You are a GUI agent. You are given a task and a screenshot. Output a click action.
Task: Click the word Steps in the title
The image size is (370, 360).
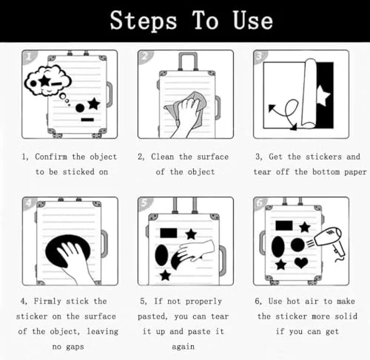click(x=144, y=21)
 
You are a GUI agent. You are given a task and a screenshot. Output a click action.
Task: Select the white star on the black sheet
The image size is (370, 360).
click(x=323, y=95)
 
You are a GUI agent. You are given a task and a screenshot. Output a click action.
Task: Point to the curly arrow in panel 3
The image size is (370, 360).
click(x=287, y=112)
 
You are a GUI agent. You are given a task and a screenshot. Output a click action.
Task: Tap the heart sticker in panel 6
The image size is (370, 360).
click(x=301, y=262)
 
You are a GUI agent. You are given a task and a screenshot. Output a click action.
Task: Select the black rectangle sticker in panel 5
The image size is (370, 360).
click(x=169, y=233)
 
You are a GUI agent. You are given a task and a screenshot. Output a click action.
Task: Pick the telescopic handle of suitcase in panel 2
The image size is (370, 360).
click(x=188, y=61)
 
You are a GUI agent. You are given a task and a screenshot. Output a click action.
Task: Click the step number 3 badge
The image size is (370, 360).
click(x=260, y=57)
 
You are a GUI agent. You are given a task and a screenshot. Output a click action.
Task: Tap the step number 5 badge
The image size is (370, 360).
click(x=144, y=203)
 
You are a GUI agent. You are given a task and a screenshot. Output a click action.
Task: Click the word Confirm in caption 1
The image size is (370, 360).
click(x=51, y=157)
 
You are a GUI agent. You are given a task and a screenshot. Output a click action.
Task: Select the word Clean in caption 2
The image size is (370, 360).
click(x=162, y=157)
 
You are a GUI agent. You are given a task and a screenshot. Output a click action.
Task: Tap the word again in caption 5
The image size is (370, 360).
click(x=183, y=347)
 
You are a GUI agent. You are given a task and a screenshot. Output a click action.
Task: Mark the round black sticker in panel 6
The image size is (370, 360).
click(x=297, y=245)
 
